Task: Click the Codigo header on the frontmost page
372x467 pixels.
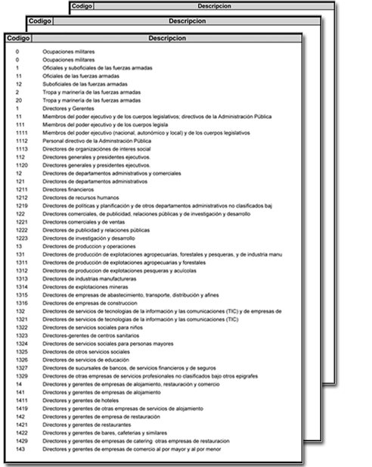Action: tap(16, 37)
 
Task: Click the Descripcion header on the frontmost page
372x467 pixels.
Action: tap(166, 37)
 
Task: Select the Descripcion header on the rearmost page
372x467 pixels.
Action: tap(219, 5)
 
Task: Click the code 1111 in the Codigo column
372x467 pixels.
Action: tap(22, 132)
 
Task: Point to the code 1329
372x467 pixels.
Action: tap(22, 376)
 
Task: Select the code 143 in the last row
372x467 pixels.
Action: tap(20, 450)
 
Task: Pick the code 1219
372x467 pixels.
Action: tap(22, 205)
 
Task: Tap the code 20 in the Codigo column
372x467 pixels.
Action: tap(18, 99)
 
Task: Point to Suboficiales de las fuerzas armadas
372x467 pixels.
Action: tap(85, 83)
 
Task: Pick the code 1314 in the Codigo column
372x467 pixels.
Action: tap(22, 286)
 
